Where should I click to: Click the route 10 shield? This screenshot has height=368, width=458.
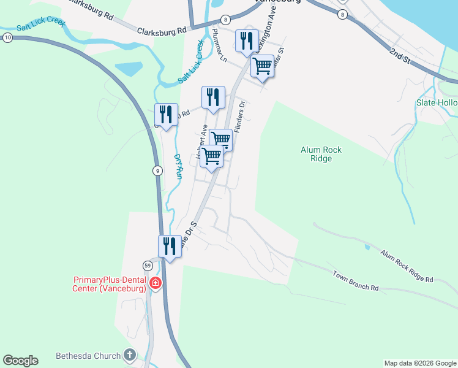pyautogui.click(x=7, y=37)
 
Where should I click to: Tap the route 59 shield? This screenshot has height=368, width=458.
pyautogui.click(x=148, y=266)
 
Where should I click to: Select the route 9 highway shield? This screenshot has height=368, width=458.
pyautogui.click(x=158, y=171)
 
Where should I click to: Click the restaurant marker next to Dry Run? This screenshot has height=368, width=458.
pyautogui.click(x=166, y=113)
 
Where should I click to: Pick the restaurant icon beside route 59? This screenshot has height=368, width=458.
pyautogui.click(x=170, y=246)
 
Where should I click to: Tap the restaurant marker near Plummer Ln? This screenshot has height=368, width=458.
pyautogui.click(x=247, y=40)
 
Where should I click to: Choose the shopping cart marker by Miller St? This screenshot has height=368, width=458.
pyautogui.click(x=262, y=65)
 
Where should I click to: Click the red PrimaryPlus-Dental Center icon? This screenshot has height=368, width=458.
pyautogui.click(x=156, y=283)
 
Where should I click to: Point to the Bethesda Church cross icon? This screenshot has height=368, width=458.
pyautogui.click(x=129, y=355)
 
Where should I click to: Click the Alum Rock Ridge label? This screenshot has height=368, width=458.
pyautogui.click(x=321, y=154)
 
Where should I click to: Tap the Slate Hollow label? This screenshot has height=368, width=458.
pyautogui.click(x=437, y=102)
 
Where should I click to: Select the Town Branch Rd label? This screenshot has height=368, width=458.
pyautogui.click(x=356, y=280)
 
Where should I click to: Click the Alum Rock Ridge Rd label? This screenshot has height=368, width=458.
pyautogui.click(x=406, y=266)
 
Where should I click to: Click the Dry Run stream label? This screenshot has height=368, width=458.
pyautogui.click(x=178, y=166)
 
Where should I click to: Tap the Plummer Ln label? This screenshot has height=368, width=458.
pyautogui.click(x=219, y=45)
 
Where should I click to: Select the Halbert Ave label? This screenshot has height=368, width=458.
pyautogui.click(x=201, y=144)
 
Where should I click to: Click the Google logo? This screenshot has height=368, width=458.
pyautogui.click(x=20, y=361)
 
